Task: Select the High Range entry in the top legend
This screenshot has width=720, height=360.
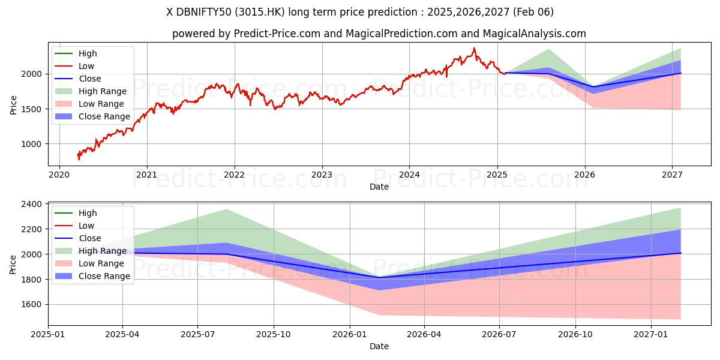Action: coord(103,91)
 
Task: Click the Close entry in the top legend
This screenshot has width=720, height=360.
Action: coord(90,79)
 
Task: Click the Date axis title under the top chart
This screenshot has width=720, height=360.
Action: coord(379,187)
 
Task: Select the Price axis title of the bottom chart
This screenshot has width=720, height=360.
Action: coord(14,265)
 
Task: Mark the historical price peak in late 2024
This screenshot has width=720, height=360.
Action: coord(474,48)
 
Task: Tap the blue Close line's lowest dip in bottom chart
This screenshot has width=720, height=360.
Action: coord(379,277)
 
